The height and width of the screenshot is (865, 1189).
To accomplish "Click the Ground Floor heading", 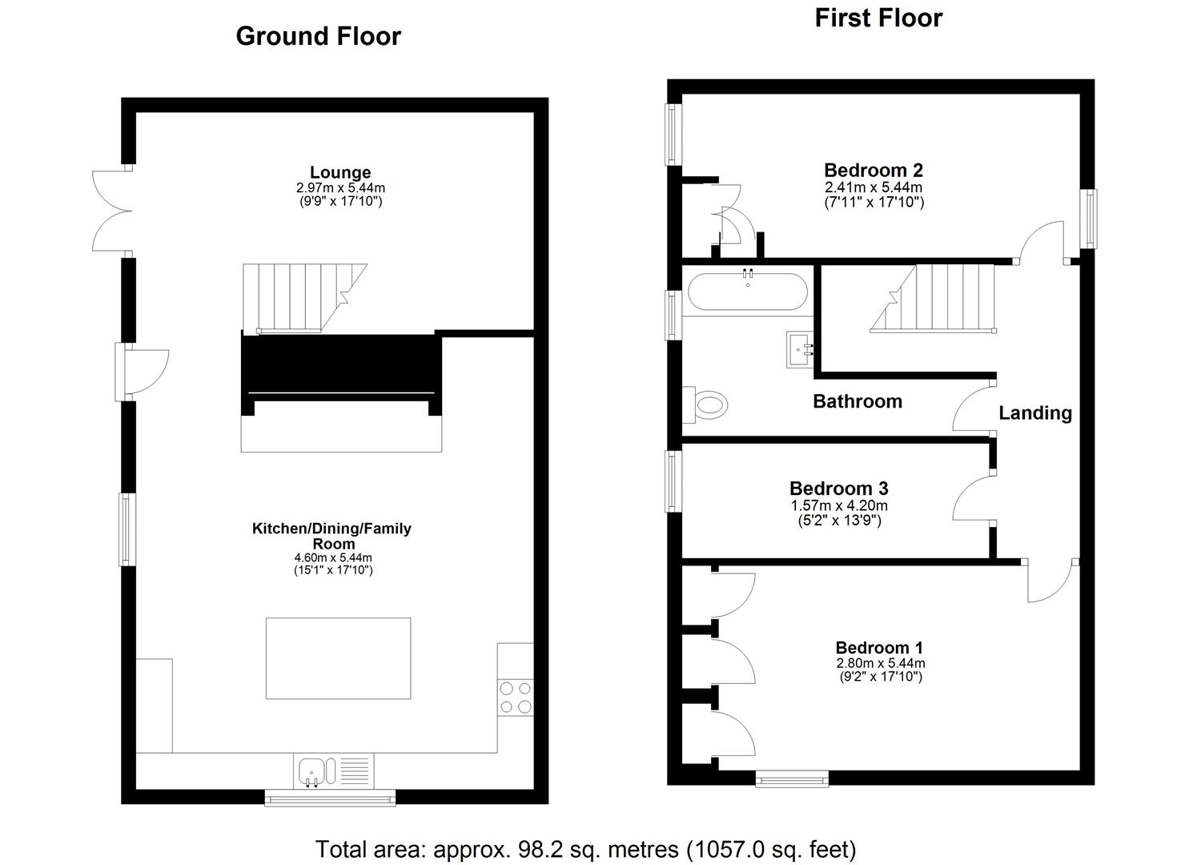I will [318, 36].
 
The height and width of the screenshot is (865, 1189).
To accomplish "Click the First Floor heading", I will [878, 18].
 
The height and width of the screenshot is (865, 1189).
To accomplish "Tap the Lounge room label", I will [340, 172].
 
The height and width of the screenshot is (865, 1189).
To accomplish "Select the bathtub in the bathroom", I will [747, 292].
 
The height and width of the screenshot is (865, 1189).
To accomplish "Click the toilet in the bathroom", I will [708, 404].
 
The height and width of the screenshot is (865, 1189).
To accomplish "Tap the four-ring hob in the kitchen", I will [515, 696].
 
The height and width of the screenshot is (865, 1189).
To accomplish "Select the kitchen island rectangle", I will [338, 658].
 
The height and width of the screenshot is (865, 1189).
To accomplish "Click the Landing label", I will [1034, 412].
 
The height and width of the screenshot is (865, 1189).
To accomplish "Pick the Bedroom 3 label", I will [838, 488].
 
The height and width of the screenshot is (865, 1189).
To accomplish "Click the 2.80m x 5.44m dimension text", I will [880, 663].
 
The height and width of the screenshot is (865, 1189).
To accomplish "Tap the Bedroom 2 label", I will [873, 170].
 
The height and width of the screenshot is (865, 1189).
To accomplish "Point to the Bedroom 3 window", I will [673, 481].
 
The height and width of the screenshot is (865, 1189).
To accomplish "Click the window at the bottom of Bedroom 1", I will [792, 778].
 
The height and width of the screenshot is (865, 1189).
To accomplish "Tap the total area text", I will [585, 849].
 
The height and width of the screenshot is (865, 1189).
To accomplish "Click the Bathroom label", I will [857, 401].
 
